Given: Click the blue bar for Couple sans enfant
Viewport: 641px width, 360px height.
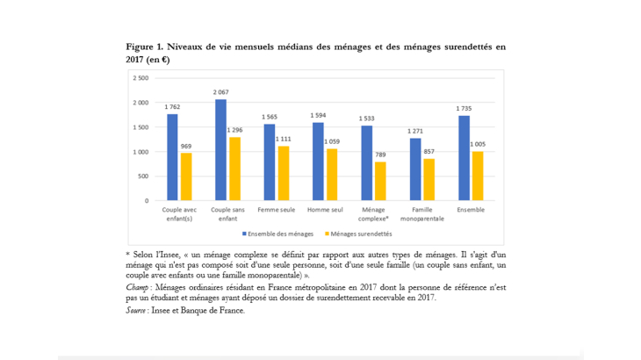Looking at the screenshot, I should (221, 150).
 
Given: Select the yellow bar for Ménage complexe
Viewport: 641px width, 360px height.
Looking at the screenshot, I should (380, 181).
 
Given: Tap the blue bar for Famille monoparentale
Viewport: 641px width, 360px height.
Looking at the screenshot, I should (415, 169).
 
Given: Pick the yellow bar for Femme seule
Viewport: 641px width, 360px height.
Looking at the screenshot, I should (283, 173).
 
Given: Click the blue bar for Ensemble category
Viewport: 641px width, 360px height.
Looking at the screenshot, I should (464, 158).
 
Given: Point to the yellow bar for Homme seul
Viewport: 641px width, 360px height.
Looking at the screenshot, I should (332, 175).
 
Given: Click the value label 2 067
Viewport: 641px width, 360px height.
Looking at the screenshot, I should (221, 92).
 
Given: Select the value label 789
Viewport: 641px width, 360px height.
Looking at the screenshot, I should (380, 155).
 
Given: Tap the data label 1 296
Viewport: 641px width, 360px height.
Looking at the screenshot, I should (234, 130).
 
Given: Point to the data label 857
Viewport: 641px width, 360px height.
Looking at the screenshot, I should (429, 151).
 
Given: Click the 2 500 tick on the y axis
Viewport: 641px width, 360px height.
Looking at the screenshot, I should (140, 78).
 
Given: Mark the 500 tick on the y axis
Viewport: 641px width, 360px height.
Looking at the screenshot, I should (143, 176).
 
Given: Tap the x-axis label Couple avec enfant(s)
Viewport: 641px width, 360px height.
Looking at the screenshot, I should (179, 213).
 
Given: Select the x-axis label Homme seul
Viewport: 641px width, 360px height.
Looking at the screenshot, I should (325, 210).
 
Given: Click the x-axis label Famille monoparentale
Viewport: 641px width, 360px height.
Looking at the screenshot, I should (422, 213).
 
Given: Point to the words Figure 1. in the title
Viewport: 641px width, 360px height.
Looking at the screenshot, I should (144, 47).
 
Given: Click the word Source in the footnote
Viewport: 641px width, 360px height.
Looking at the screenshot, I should (138, 310).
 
